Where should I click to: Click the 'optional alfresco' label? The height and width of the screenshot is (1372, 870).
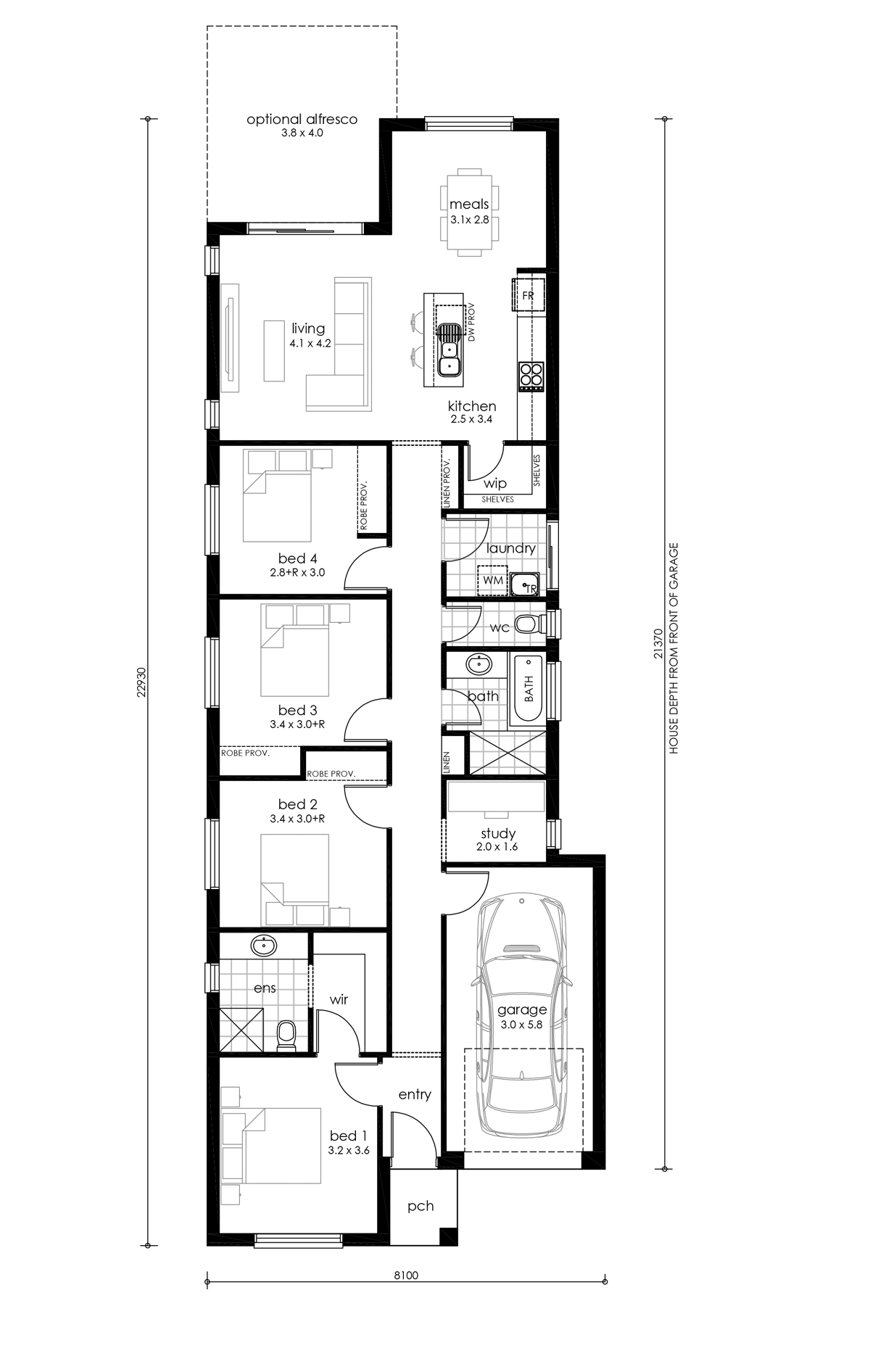click(x=302, y=120)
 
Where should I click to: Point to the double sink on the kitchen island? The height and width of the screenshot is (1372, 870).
click(x=450, y=350)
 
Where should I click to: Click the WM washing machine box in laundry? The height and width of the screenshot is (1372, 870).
click(x=493, y=581)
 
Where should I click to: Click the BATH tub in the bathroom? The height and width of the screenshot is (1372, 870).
click(x=529, y=689)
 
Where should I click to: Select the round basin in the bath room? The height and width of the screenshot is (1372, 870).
click(x=478, y=664)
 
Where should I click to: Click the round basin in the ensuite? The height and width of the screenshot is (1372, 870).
click(x=264, y=946)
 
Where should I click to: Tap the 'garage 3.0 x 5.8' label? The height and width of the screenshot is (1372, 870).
click(x=521, y=1017)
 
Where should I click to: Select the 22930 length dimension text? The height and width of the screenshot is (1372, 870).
click(x=143, y=682)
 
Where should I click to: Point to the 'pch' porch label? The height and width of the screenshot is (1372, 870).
click(x=420, y=1206)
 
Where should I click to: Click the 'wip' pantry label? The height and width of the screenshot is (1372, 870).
click(x=495, y=483)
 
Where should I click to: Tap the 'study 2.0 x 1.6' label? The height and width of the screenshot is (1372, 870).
click(x=498, y=839)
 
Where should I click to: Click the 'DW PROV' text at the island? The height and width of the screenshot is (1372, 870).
click(x=471, y=323)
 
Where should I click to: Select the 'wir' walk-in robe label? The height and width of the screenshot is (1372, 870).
click(x=339, y=999)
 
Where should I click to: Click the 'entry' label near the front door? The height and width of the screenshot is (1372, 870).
click(x=415, y=1095)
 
